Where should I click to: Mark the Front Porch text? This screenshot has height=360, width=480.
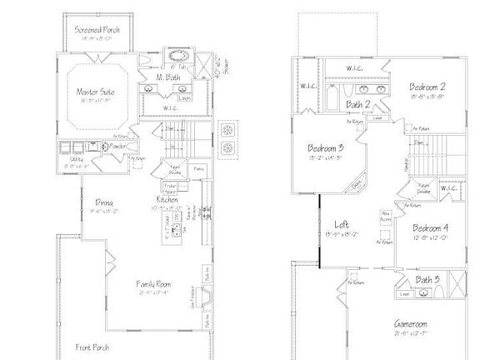92,347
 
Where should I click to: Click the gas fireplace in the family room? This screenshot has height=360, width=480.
207,296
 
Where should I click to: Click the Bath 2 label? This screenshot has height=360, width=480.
359,104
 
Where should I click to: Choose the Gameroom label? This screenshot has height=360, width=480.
412,323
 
